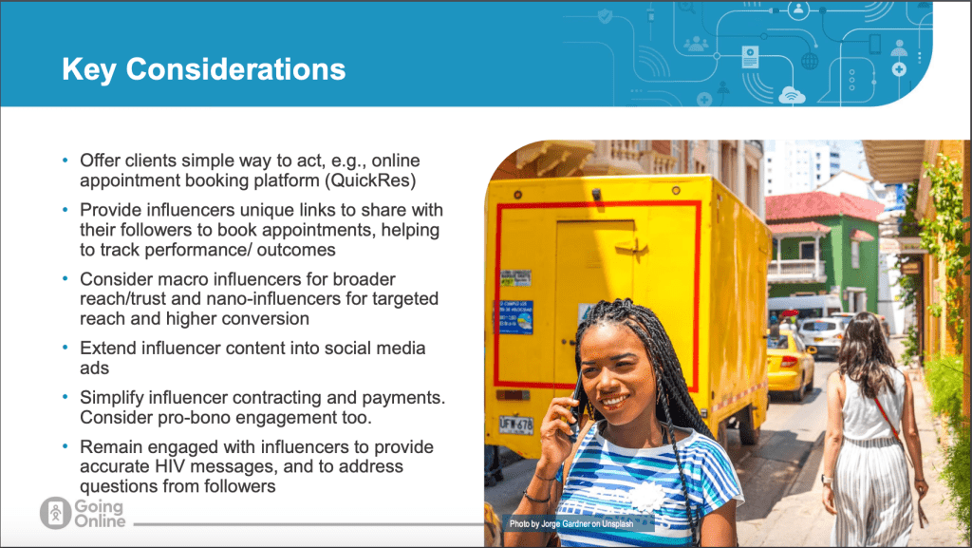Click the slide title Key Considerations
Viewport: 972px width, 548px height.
click(203, 69)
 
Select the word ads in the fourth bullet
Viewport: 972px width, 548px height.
click(94, 368)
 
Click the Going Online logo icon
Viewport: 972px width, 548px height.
click(55, 513)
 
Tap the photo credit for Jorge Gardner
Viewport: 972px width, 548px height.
click(570, 524)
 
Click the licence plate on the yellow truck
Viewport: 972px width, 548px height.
click(516, 425)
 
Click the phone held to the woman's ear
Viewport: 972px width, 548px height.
click(576, 403)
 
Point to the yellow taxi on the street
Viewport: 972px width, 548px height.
click(789, 365)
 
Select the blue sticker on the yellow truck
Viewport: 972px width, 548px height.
click(515, 317)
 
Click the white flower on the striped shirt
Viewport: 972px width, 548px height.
click(646, 497)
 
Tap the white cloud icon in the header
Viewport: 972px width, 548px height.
click(792, 95)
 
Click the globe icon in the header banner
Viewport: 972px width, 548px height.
click(810, 61)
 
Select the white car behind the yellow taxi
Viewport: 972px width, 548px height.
click(819, 336)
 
